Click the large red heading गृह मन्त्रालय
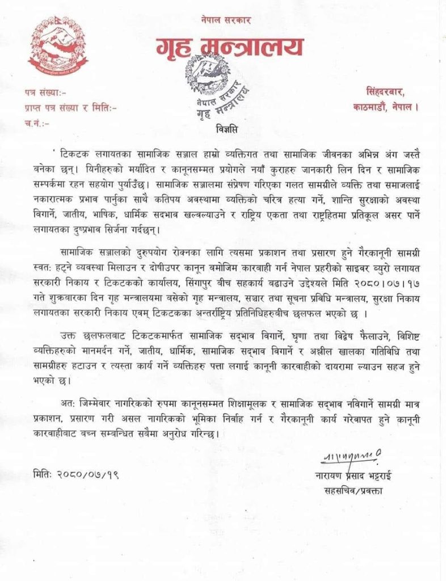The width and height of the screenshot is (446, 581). pos(223,48)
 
